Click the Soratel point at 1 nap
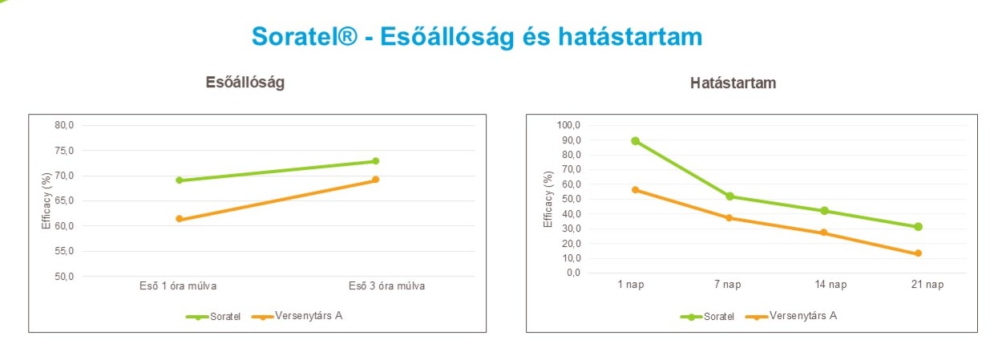click(636, 141)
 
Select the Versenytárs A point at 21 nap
click(918, 253)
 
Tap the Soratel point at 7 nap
click(729, 196)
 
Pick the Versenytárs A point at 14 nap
click(824, 233)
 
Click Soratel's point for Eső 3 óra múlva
click(375, 161)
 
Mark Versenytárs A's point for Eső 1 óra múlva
click(179, 219)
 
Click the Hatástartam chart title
click(733, 83)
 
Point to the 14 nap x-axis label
click(824, 285)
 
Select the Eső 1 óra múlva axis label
click(179, 285)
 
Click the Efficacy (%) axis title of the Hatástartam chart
click(549, 198)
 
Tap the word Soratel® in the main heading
click(304, 37)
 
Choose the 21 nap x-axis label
click(918, 285)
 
